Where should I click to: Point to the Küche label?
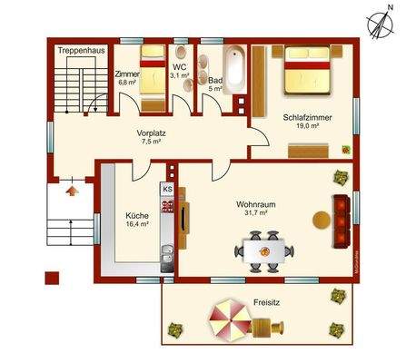pos(138,215)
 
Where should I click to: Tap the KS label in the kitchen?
pos(167,189)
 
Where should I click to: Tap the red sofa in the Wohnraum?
pos(343,219)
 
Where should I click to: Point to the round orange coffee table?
pos(321,219)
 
